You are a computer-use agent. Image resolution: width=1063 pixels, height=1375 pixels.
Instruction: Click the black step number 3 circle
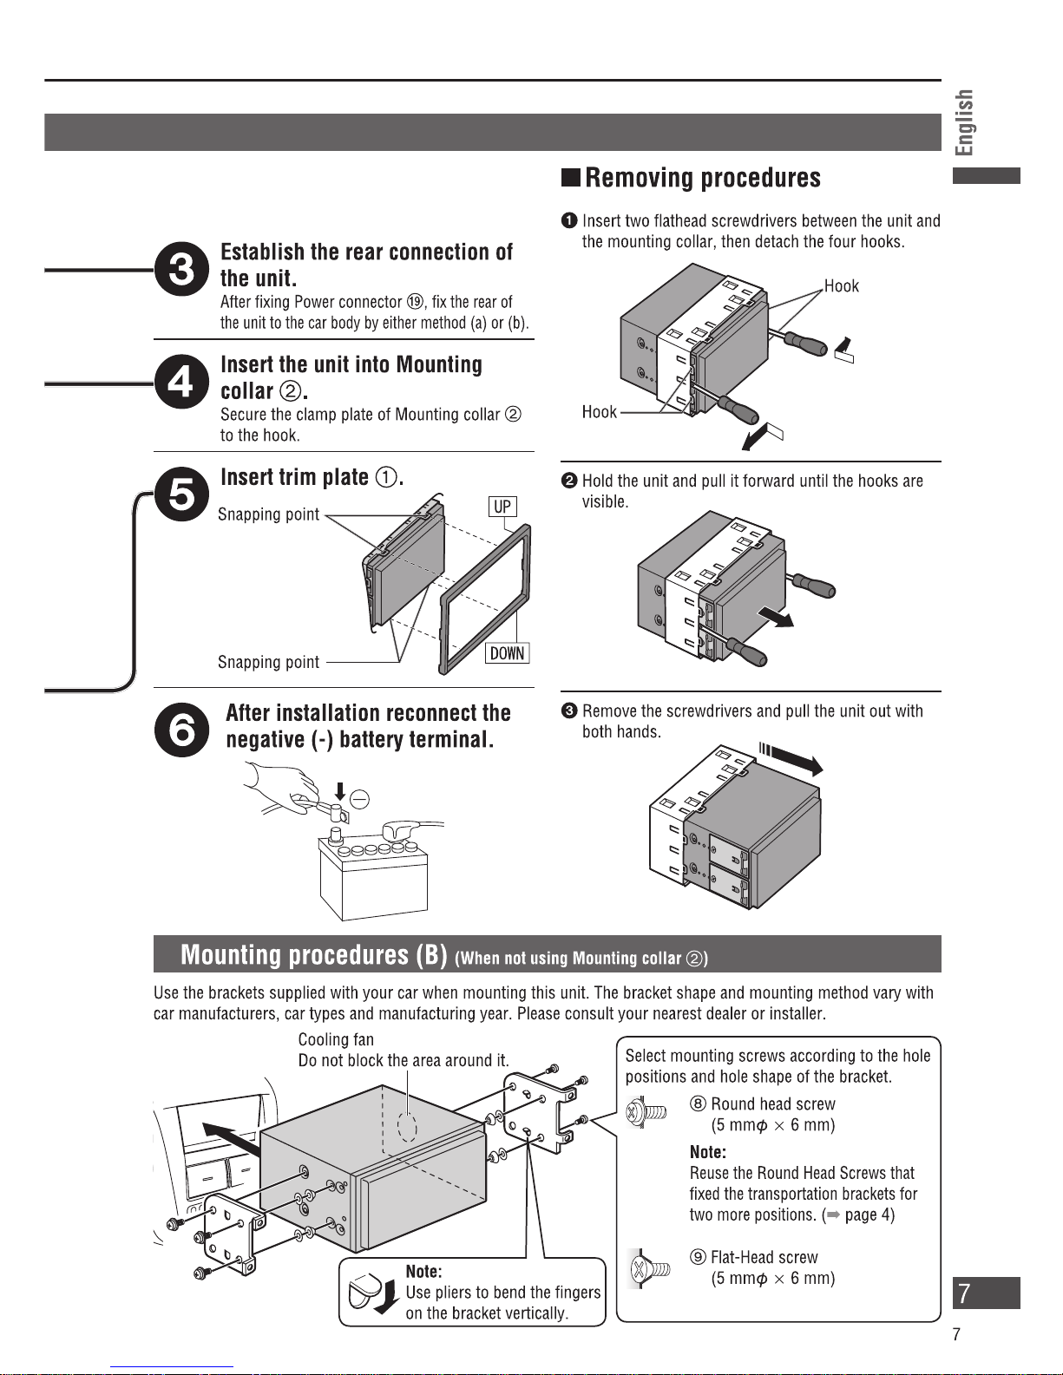click(181, 269)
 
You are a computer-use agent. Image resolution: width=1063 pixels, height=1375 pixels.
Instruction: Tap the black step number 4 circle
click(181, 382)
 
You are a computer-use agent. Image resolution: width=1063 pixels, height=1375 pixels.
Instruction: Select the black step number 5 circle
click(181, 494)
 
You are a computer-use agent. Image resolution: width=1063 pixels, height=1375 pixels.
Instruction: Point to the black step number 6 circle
click(181, 730)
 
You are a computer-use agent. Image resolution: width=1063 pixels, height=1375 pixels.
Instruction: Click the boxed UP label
click(502, 507)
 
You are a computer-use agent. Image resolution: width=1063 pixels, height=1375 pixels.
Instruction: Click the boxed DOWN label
click(507, 653)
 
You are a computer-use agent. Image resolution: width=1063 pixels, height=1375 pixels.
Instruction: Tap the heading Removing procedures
click(702, 178)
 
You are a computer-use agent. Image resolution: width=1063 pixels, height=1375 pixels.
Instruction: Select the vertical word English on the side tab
click(964, 122)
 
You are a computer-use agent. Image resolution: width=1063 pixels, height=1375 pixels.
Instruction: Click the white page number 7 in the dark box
click(964, 1293)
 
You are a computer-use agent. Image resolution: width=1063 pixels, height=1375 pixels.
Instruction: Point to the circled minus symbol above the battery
click(358, 800)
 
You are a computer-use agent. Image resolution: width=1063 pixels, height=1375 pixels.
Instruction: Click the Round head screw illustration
click(646, 1112)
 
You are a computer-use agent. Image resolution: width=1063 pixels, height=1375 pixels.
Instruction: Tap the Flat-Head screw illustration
click(649, 1268)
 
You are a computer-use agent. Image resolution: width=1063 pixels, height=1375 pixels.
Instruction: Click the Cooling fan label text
click(336, 1039)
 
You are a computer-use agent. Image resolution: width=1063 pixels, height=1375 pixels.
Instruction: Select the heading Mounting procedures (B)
click(314, 955)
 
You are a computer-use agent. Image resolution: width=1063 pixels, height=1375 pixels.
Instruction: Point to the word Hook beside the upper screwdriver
click(841, 286)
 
